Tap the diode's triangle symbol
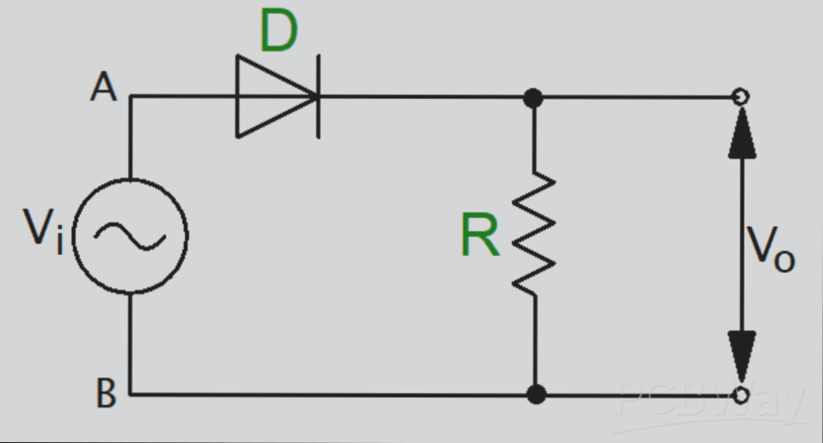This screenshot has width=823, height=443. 270,96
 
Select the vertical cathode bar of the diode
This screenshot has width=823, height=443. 318,96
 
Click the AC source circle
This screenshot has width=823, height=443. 131,236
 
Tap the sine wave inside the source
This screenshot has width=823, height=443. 131,236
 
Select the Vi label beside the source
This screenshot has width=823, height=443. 43,232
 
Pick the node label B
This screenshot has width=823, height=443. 105,393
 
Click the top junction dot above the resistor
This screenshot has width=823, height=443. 535,96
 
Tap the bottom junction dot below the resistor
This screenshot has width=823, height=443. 536,393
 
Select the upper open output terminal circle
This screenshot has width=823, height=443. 741,96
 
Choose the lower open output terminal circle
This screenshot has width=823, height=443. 741,394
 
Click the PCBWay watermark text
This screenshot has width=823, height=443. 711,405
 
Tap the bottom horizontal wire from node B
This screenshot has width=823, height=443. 333,394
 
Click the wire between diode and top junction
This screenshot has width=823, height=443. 423,96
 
